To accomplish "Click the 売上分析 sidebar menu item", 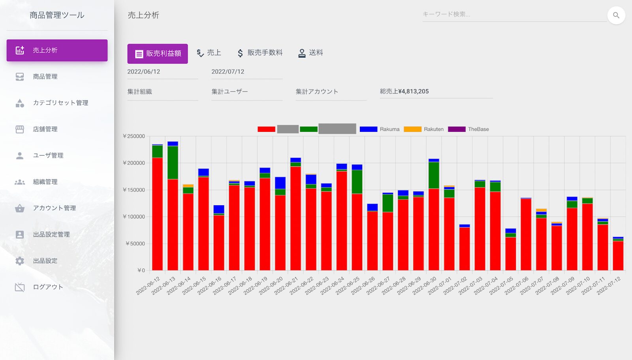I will coord(57,50).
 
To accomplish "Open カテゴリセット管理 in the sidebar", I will coord(60,103).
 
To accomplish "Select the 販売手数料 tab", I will coord(260,53).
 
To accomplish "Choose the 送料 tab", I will coord(310,53).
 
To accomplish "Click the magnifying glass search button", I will coord(616,15).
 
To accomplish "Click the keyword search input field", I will coord(513,15).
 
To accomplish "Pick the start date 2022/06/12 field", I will coord(162,72).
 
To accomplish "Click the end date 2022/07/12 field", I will coord(246,72).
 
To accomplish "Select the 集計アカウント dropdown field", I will coord(331,92).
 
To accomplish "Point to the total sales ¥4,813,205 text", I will coord(404,92).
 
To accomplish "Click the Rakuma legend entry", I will coord(389,129).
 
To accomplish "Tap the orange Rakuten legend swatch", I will coord(412,129).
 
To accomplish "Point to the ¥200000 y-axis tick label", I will coord(134,163).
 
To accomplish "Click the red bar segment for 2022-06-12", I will coord(157,213).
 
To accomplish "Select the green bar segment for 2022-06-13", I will coord(173,162).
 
